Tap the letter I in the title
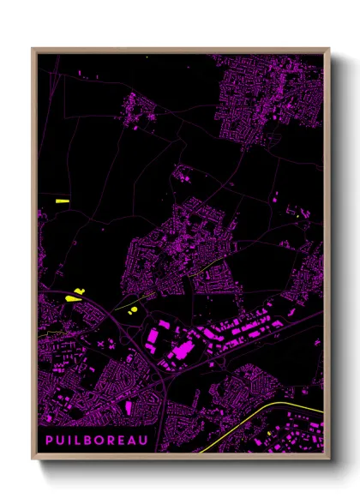(x=69, y=441)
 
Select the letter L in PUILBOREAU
(x=79, y=441)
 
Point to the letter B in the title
(x=90, y=441)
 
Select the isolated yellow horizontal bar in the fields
(x=62, y=201)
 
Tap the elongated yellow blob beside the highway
(x=70, y=297)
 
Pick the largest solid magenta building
(x=182, y=351)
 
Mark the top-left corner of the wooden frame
(x=33, y=49)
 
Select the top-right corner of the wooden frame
(x=329, y=49)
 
